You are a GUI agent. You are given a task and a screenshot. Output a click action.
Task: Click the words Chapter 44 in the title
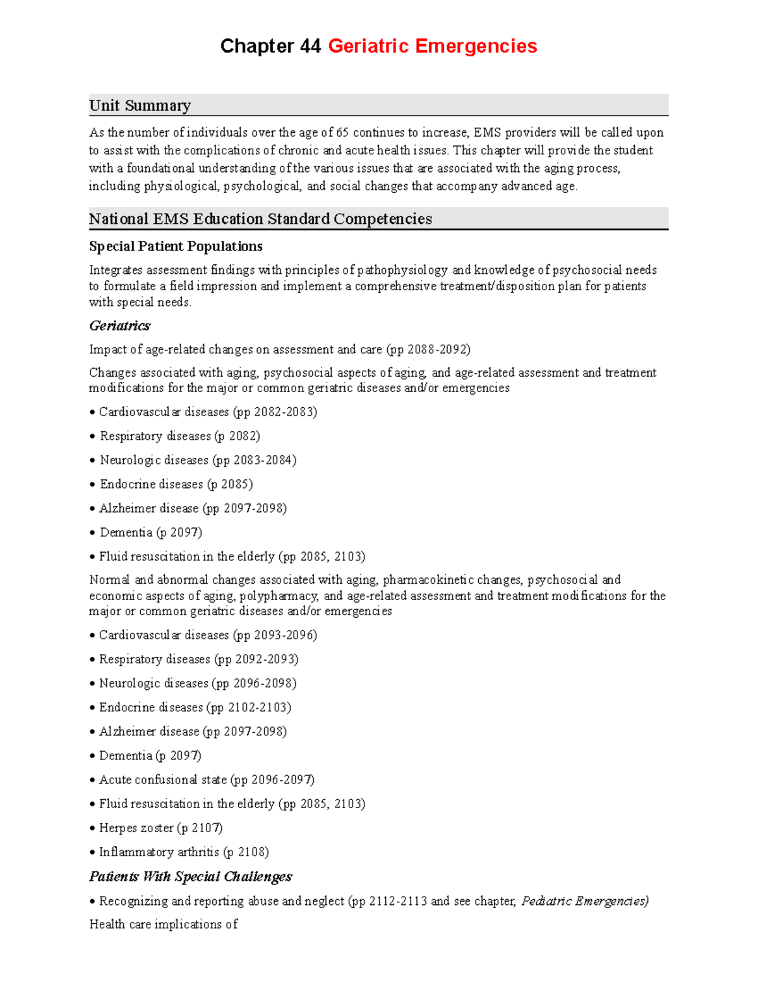270,46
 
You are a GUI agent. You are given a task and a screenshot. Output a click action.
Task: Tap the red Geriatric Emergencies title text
432,46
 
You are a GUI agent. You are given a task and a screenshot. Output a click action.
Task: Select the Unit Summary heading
140,106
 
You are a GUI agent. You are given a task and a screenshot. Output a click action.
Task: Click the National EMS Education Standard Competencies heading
260,219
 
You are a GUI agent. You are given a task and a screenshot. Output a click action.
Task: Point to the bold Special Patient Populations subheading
176,246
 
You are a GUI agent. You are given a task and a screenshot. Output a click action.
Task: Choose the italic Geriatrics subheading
119,326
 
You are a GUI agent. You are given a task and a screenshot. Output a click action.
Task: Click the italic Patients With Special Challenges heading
190,876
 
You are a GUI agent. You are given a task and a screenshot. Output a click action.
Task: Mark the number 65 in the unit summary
342,133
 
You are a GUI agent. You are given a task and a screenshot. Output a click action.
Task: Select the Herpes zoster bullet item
160,828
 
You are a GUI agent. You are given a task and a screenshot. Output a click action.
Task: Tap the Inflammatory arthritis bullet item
183,852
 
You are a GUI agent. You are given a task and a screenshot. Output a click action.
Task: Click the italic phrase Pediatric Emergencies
584,901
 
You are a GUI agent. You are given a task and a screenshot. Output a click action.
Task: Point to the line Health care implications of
164,924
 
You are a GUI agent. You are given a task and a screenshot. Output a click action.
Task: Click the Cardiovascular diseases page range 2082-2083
284,412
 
